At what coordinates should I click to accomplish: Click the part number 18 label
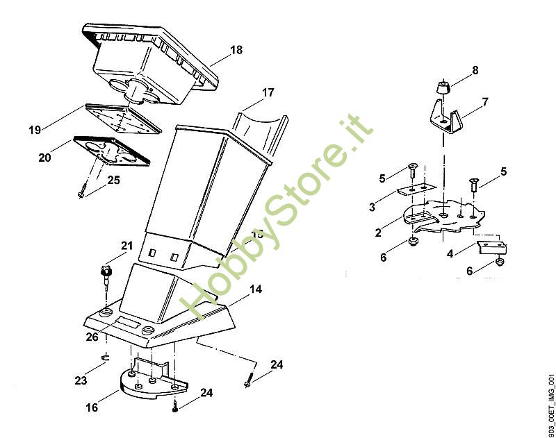point(236,50)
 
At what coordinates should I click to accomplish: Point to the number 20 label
point(44,158)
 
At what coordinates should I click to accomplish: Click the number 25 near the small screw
point(114,180)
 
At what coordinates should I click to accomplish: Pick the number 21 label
point(126,245)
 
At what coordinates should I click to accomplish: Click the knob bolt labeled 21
point(106,276)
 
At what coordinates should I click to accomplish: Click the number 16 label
point(92,408)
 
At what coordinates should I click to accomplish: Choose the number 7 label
point(484,102)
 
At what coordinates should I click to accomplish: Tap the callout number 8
point(475,70)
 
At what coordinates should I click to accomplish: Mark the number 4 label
point(450,254)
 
